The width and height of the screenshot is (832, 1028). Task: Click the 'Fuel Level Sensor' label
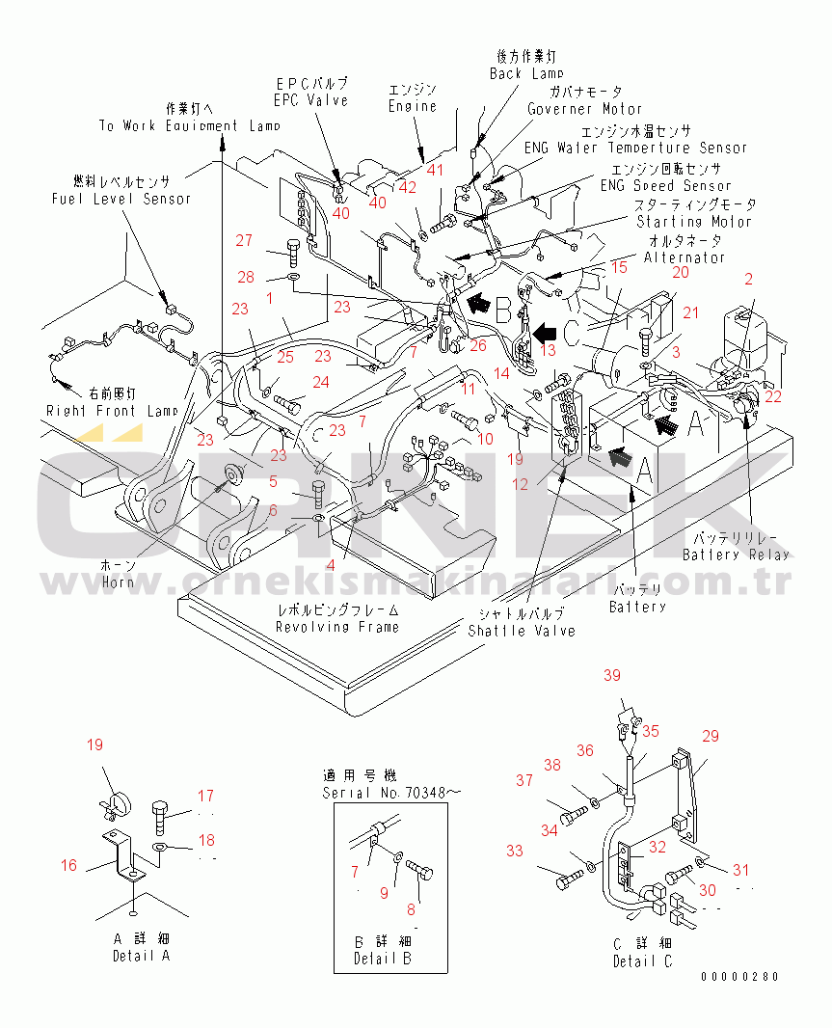click(121, 199)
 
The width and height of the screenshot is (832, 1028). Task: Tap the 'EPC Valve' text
click(310, 100)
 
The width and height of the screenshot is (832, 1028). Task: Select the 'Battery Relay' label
click(736, 555)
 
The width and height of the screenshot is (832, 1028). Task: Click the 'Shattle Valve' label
click(521, 631)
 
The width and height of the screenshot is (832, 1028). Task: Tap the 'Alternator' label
click(684, 258)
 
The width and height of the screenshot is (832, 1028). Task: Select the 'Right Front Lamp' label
click(113, 410)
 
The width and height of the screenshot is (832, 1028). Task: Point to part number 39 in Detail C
click(612, 676)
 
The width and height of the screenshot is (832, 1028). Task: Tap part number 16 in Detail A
click(68, 865)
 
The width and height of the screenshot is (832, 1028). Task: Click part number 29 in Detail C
click(710, 737)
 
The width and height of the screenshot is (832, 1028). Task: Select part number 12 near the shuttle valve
click(521, 484)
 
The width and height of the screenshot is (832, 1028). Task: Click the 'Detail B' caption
click(382, 958)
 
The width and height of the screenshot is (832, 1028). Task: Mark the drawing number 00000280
click(738, 977)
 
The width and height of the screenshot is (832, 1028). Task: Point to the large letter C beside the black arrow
click(572, 335)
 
